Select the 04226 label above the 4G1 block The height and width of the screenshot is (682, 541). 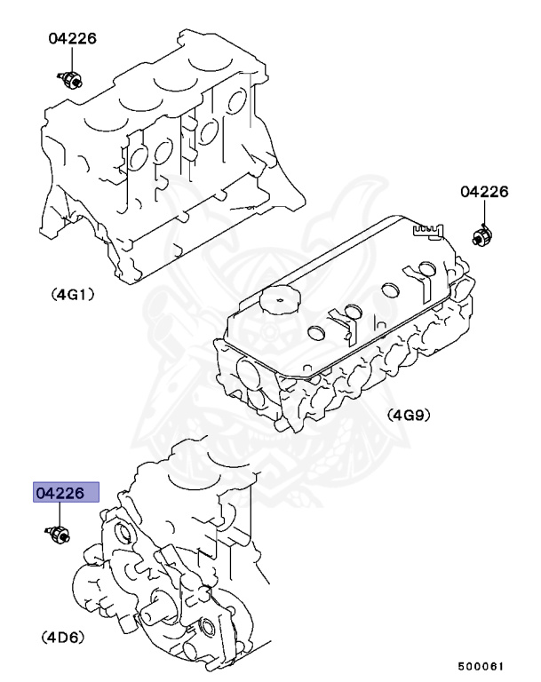click(x=72, y=39)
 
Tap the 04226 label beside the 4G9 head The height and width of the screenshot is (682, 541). click(x=483, y=192)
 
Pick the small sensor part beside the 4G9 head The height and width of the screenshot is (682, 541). click(x=481, y=236)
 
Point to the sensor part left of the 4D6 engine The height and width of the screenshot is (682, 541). click(x=60, y=535)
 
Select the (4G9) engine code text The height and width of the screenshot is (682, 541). click(x=408, y=414)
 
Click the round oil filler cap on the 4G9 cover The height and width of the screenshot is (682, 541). click(x=280, y=300)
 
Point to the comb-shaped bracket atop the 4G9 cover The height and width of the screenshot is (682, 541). click(x=427, y=232)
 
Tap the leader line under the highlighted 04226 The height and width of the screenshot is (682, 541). click(x=60, y=515)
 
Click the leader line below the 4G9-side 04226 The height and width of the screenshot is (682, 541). click(x=483, y=213)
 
